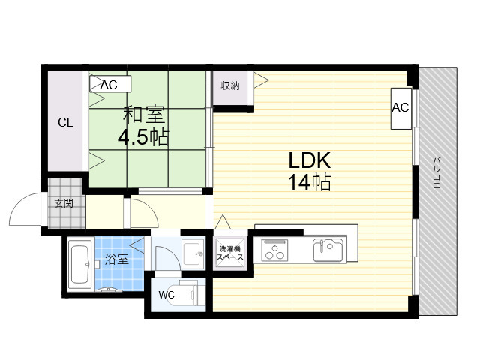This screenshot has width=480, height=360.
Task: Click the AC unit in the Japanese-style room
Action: pos(110,83)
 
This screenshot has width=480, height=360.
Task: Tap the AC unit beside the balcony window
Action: pos(401,108)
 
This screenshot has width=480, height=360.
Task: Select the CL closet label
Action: pos(65,123)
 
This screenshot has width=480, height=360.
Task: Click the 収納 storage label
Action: pos(230,86)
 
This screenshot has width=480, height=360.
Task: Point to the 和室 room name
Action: pos(144,114)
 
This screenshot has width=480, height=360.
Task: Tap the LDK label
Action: pos(310,160)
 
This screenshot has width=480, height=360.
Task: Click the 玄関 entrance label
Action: pos(64,203)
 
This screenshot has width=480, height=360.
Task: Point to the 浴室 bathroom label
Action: pos(116,259)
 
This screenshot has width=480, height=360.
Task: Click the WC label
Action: pos(166,295)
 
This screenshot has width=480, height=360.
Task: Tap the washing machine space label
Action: pos(230,253)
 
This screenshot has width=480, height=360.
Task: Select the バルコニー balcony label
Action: pos(436,177)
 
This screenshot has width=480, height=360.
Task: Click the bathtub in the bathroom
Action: pos(80,263)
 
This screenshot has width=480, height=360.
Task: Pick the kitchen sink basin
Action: pos(328,250)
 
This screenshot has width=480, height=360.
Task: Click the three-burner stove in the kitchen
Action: pos(275,250)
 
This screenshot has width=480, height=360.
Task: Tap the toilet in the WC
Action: pos(188,294)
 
